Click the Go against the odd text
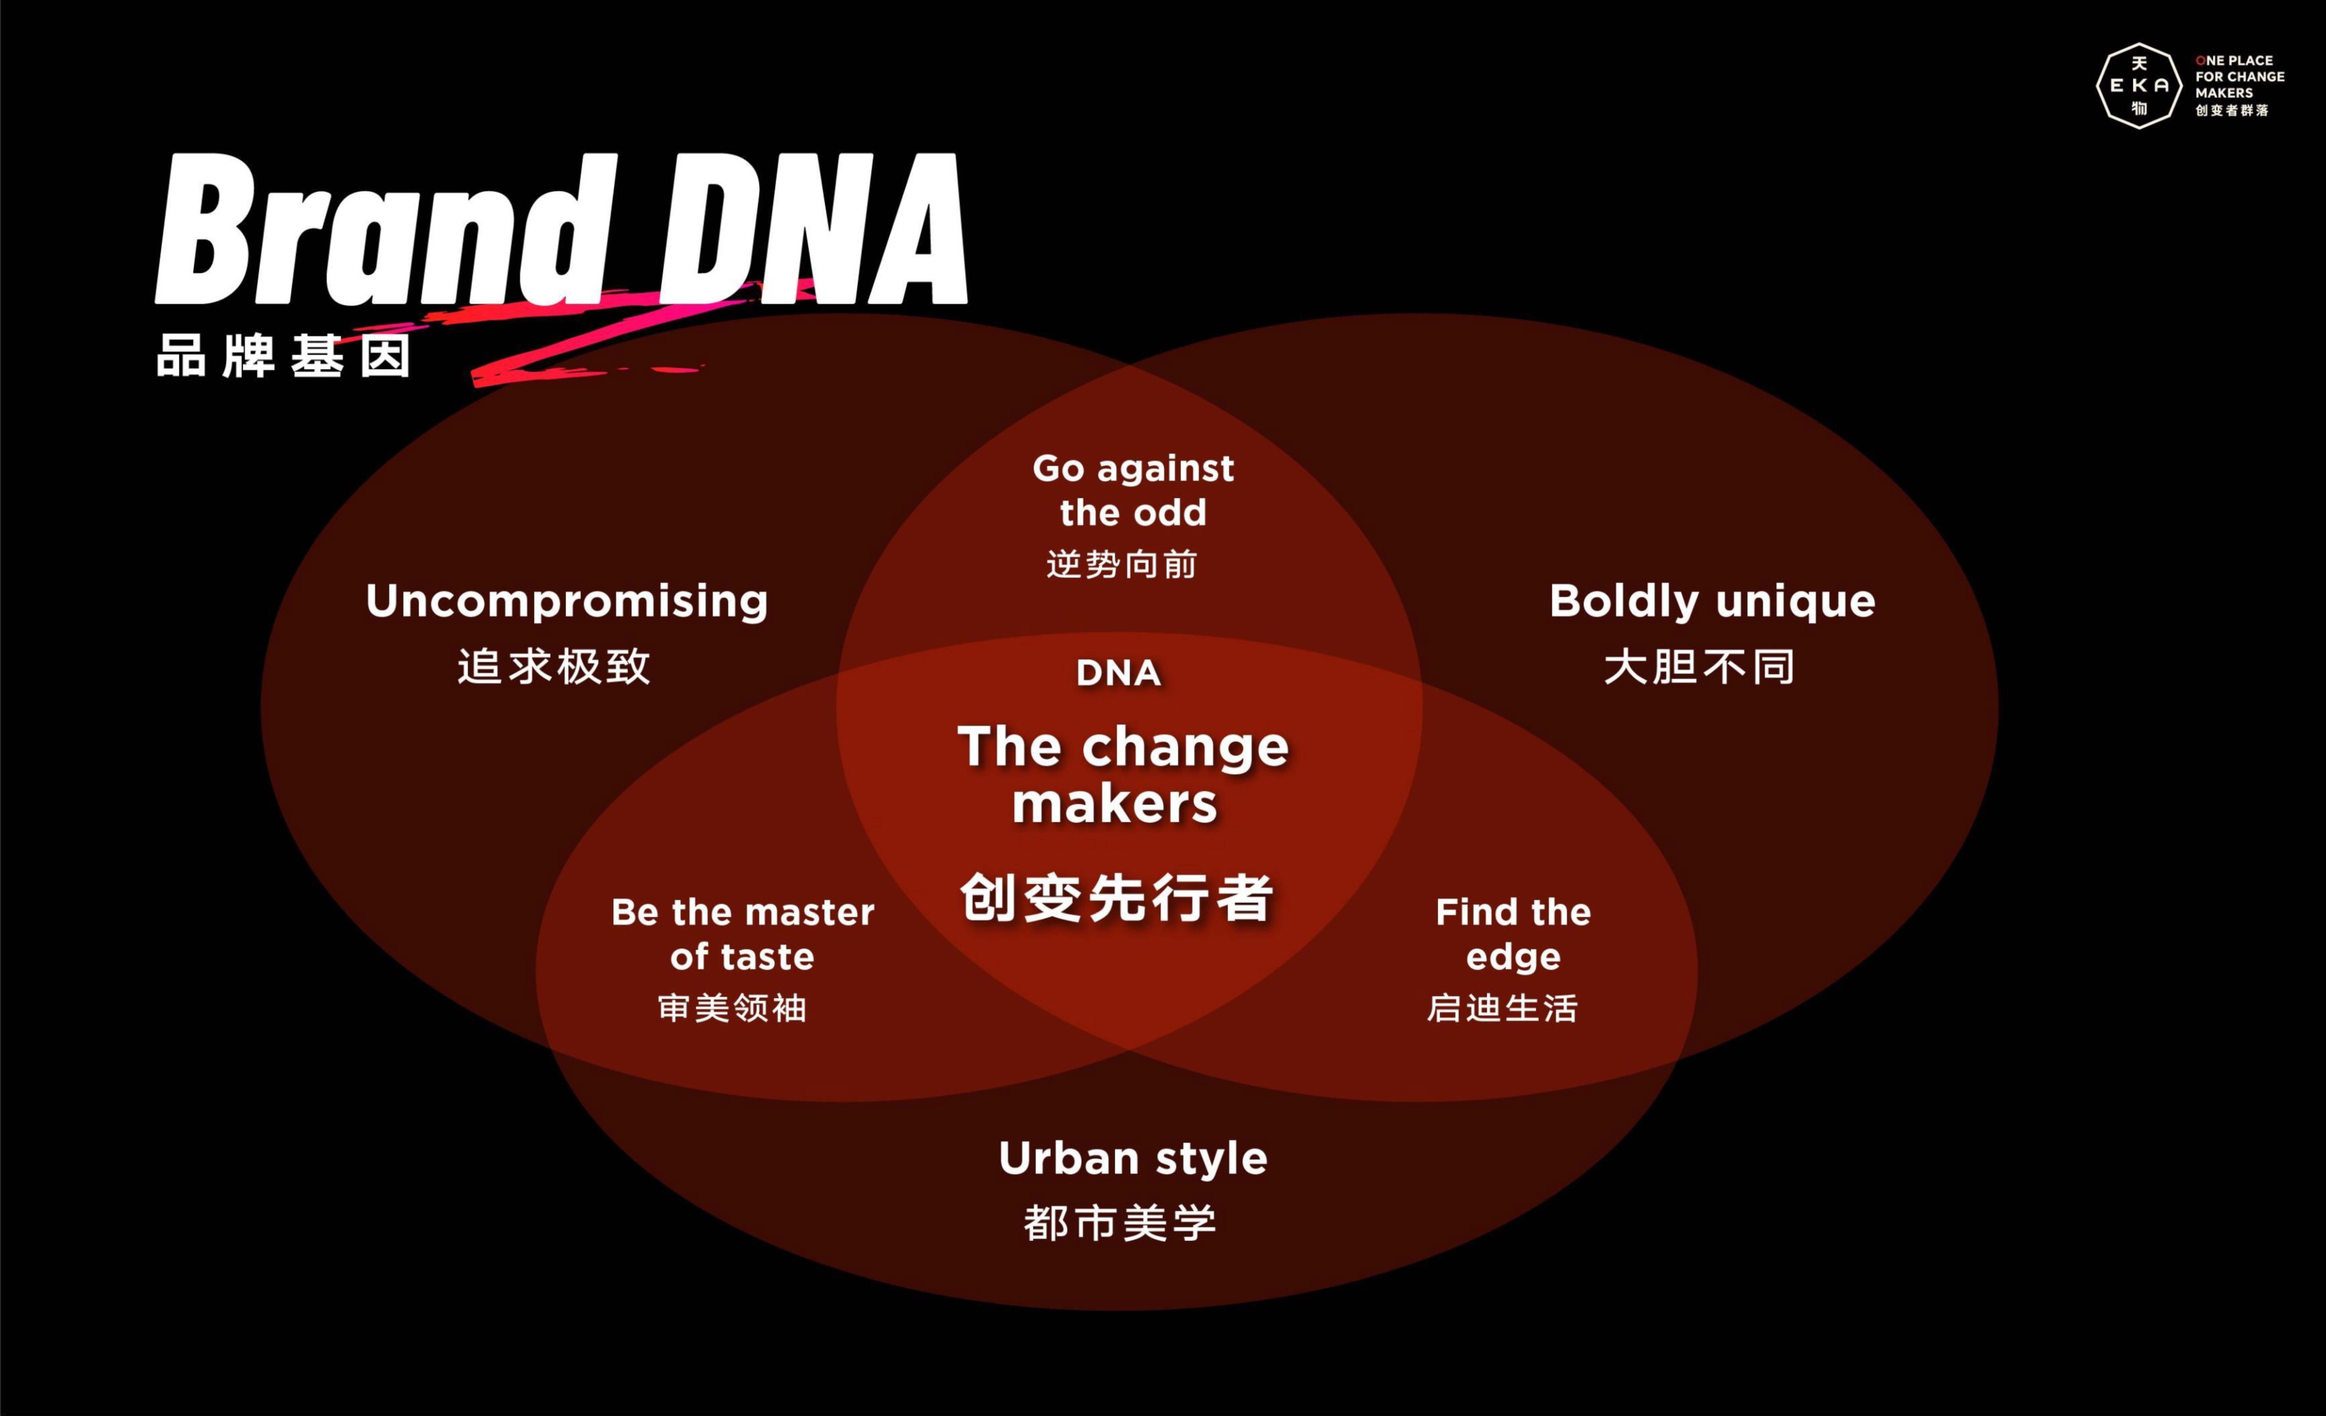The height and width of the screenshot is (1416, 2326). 1133,490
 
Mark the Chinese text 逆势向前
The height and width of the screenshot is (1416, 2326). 1121,564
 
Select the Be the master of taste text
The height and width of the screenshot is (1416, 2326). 743,934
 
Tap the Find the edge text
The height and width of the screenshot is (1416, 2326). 1513,934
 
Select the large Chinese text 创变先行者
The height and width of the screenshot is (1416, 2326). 1117,897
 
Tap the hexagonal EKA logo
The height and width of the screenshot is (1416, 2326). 2139,85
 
